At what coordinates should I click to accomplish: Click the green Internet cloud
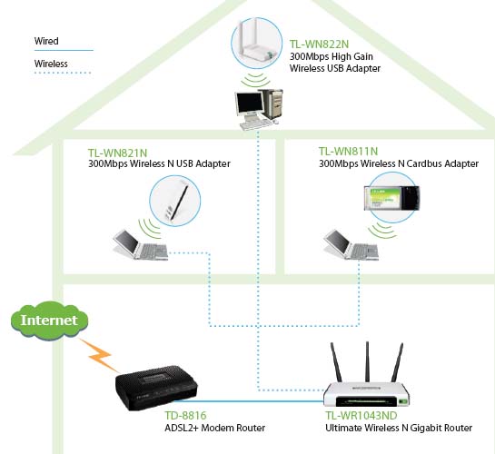[50, 320]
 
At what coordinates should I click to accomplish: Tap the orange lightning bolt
[99, 355]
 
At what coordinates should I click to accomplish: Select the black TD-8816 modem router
[156, 387]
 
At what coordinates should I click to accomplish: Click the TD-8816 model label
[185, 415]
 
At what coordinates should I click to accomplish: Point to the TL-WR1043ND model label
[361, 415]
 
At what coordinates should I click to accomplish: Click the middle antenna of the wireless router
[367, 362]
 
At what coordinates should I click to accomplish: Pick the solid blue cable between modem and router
[249, 401]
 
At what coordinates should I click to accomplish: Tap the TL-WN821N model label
[118, 153]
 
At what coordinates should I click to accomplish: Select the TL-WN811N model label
[348, 151]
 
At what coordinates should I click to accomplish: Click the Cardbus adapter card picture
[391, 198]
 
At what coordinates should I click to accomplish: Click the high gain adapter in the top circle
[256, 41]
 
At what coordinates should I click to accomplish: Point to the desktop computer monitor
[250, 104]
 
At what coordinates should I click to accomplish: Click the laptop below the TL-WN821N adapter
[141, 245]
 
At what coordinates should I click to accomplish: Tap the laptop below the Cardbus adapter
[351, 245]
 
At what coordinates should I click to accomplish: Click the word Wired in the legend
[46, 41]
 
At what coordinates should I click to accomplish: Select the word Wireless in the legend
[51, 64]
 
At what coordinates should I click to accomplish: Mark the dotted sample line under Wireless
[63, 73]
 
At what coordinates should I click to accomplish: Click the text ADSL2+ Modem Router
[214, 428]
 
